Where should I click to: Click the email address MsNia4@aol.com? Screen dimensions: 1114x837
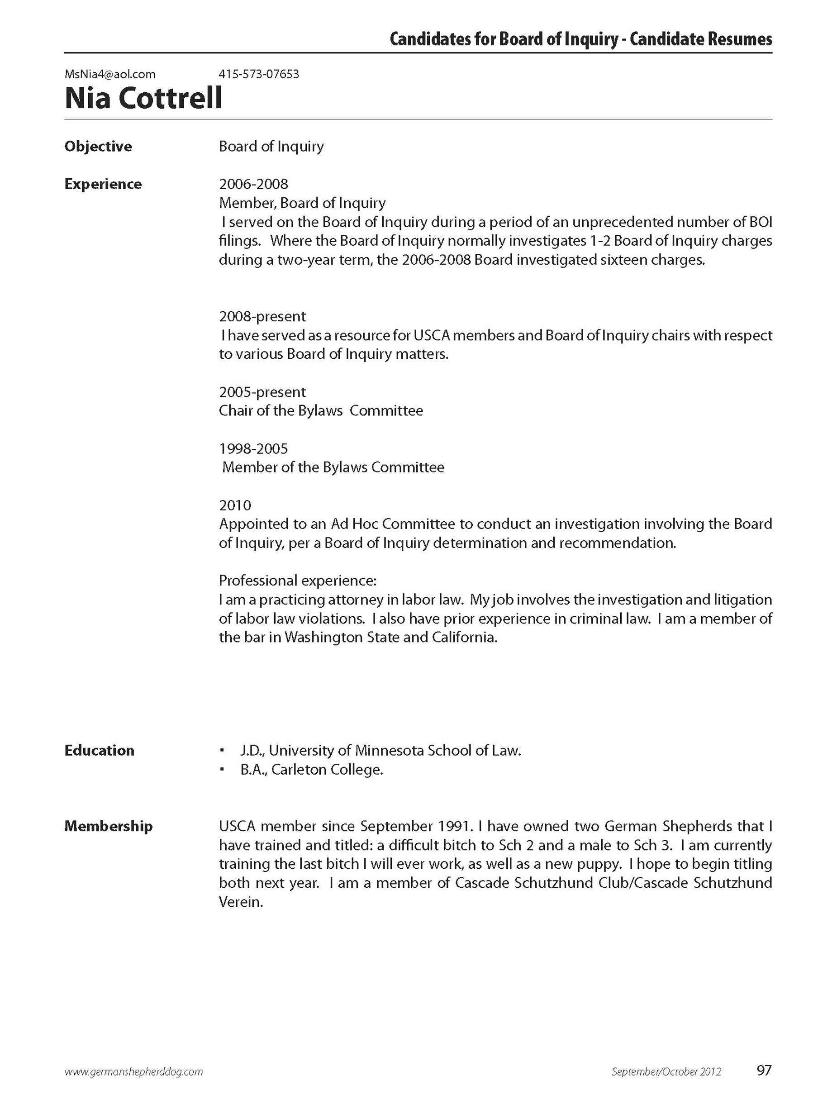coord(110,75)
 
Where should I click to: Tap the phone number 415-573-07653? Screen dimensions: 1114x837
coord(259,75)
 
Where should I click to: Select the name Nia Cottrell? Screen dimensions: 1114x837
coord(143,98)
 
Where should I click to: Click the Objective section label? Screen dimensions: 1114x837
coord(98,147)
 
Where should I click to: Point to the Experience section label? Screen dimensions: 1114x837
coord(103,184)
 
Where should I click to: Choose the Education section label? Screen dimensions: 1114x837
coord(99,750)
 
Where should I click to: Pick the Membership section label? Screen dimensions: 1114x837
coord(108,826)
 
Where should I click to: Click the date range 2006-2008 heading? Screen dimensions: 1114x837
coord(253,184)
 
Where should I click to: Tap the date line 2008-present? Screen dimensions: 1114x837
coord(262,317)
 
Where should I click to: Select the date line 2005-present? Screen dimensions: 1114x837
coord(262,392)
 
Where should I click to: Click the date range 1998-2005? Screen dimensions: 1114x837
coord(253,449)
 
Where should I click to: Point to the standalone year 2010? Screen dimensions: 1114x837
coord(235,505)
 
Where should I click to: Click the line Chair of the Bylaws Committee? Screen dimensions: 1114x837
coord(321,411)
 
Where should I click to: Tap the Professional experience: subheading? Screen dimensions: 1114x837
coord(298,581)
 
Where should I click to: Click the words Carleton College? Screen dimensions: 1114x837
coord(328,770)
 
